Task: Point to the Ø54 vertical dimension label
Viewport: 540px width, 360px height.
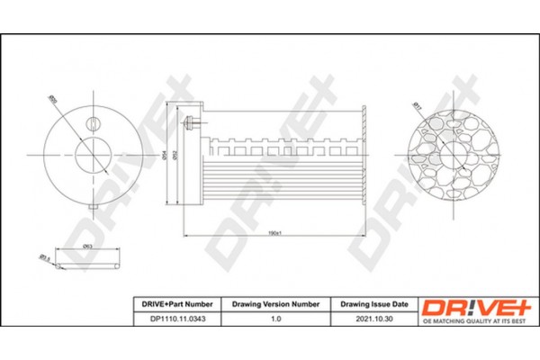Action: (165, 154)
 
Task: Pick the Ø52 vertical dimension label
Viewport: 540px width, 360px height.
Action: (175, 154)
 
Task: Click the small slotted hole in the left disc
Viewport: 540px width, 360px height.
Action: (94, 124)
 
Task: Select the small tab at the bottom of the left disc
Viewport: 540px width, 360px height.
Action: (94, 210)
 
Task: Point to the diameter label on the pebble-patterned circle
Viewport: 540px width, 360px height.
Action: (417, 106)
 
